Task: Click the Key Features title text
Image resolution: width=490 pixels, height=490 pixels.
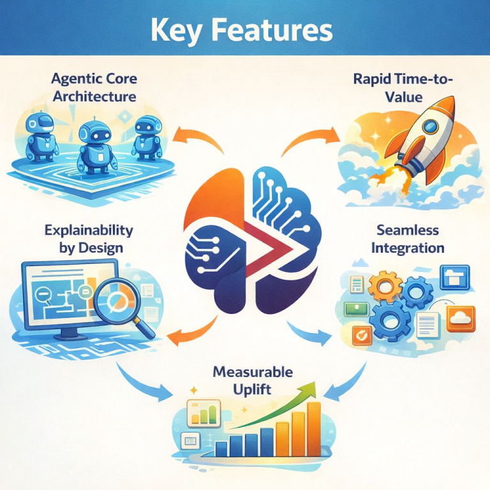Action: pos(245,30)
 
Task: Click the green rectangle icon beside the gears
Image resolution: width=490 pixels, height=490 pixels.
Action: pos(353,309)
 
